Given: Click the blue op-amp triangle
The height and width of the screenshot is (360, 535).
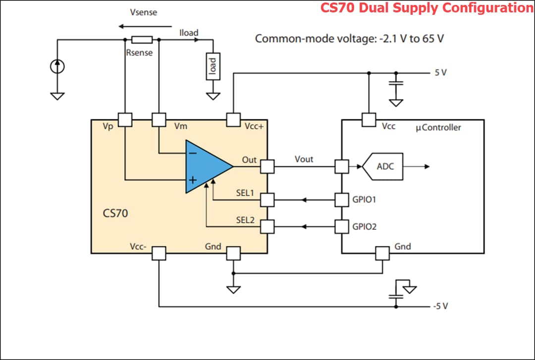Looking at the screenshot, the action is [x=204, y=166].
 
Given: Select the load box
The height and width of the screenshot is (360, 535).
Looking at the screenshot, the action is [x=213, y=66].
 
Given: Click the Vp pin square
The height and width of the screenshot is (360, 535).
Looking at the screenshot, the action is [x=125, y=119].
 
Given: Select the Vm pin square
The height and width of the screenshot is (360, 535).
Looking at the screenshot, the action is [x=159, y=119].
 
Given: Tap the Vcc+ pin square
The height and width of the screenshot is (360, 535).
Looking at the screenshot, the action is [x=233, y=119].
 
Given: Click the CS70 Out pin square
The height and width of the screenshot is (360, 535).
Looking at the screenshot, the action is [x=267, y=166].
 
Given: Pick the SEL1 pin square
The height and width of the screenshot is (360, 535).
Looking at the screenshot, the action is [x=267, y=200].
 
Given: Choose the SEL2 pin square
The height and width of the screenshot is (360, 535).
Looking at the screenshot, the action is [x=267, y=226].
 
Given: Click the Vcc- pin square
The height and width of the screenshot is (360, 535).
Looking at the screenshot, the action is [x=159, y=253].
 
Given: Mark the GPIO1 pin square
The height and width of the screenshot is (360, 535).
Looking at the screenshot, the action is [x=342, y=200].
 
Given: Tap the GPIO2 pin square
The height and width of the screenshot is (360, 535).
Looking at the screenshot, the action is [x=342, y=226].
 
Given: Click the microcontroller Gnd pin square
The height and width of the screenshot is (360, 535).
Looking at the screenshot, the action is [x=382, y=253].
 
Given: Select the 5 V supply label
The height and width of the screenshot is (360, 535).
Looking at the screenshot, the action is [x=440, y=72].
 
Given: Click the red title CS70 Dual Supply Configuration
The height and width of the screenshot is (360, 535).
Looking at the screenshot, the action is [x=427, y=8].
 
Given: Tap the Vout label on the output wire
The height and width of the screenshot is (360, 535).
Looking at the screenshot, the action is [x=304, y=159].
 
